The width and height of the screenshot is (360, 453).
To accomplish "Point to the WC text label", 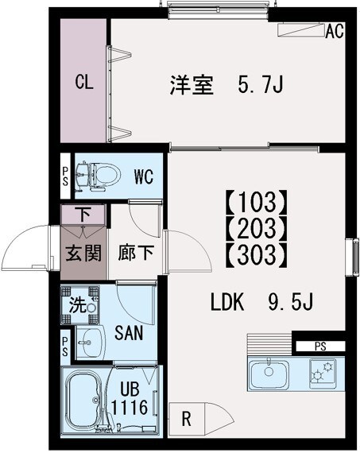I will click(143, 176).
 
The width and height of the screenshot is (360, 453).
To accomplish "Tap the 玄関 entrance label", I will click(83, 255).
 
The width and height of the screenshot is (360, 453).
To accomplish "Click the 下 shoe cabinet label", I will click(83, 214).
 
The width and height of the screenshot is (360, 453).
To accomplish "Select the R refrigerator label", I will click(185, 416).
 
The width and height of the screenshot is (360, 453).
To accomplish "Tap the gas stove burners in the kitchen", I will click(323, 371).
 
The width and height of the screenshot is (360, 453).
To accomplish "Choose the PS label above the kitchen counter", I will click(319, 347).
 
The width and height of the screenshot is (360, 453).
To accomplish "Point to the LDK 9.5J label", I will click(262, 303).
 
